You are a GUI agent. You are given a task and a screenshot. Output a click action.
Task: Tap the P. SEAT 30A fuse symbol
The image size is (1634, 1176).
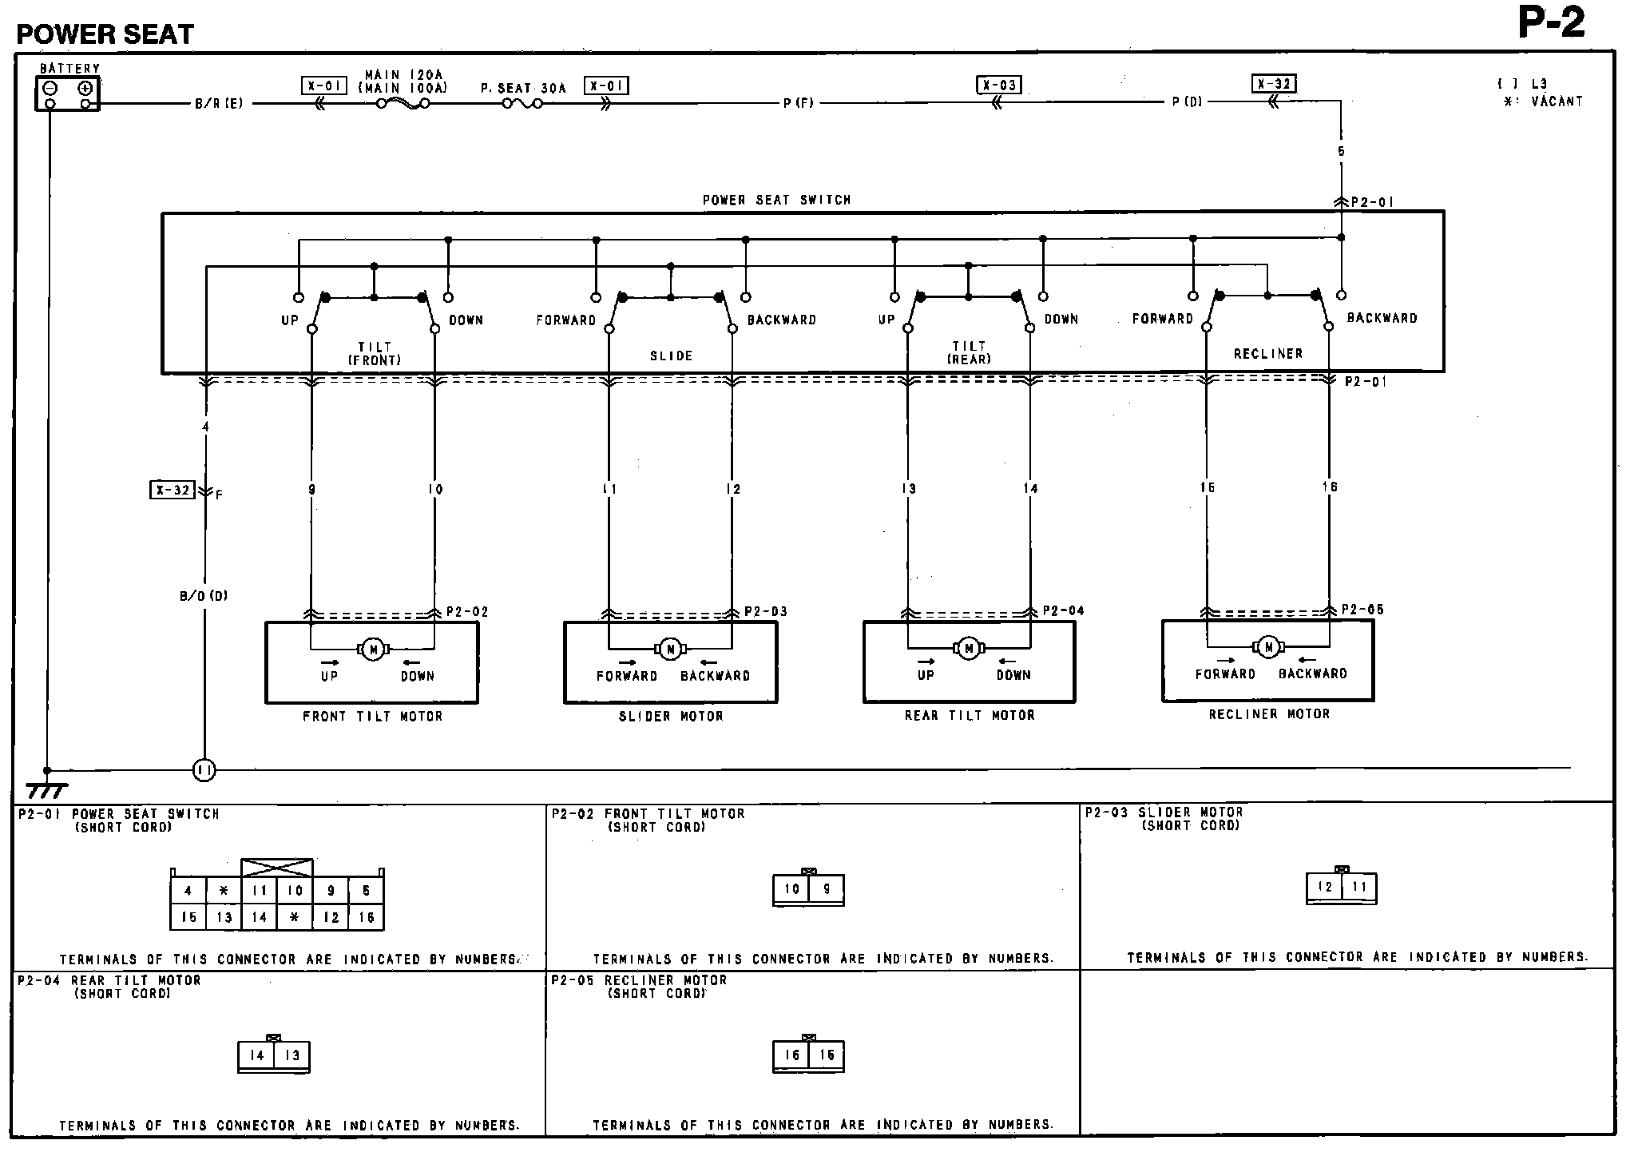(523, 103)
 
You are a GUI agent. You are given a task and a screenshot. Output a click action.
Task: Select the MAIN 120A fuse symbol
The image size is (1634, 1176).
(404, 103)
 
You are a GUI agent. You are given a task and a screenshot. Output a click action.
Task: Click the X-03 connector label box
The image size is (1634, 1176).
(998, 85)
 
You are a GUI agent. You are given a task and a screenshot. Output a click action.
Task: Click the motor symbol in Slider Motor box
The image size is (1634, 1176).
(671, 650)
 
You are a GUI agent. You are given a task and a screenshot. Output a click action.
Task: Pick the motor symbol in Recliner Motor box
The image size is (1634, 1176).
(1268, 648)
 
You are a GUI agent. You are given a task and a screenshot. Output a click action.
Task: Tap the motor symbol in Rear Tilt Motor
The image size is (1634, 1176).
(969, 649)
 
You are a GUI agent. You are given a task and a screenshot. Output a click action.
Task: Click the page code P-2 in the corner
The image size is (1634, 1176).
(1551, 24)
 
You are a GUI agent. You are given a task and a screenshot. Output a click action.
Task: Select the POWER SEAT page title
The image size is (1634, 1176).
(105, 34)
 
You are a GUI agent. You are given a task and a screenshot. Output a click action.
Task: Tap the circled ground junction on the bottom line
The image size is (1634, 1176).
(204, 771)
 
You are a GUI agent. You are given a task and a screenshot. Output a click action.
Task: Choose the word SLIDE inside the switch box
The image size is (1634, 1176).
(671, 356)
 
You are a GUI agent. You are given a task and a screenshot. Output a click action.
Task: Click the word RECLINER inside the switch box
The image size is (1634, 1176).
(1267, 354)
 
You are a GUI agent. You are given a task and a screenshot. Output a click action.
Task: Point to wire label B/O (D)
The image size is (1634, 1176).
(204, 596)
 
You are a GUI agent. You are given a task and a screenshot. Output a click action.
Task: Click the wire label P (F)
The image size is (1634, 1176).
(798, 103)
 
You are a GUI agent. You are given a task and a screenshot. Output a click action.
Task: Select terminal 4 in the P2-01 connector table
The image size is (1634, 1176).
(188, 891)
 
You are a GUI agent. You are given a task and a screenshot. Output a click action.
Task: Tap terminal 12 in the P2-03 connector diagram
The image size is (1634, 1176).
(1325, 888)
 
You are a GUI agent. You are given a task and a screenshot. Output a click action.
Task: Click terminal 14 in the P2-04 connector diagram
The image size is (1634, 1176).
(256, 1055)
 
